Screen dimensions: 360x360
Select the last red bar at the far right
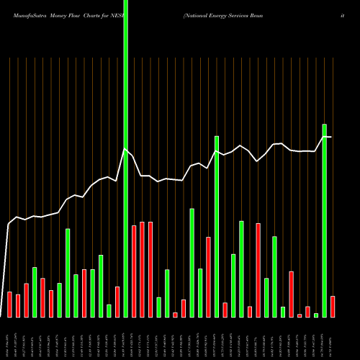coord(333,307)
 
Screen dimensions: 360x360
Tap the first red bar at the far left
coord(9,305)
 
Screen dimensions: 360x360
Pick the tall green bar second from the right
coord(325,220)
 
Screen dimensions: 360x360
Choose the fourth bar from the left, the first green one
coord(35,292)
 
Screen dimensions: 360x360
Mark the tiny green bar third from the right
coord(316,315)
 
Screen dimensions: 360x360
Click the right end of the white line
coord(331,136)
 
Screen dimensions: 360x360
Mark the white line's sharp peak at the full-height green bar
coord(125,149)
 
